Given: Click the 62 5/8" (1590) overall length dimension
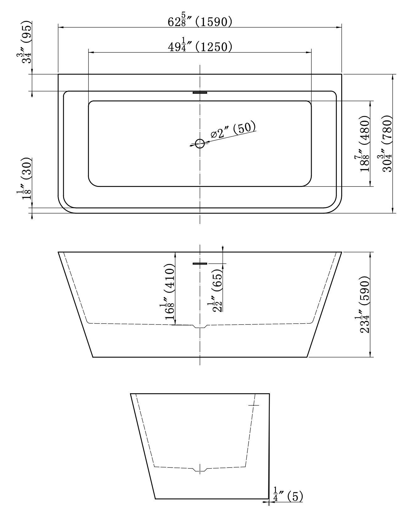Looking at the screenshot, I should coord(200,22).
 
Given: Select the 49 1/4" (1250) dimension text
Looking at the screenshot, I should coord(200,46).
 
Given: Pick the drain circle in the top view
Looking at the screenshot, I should coord(200,144).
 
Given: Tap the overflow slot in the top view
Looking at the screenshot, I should coord(200,92).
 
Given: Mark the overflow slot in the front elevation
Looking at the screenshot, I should coord(200,263).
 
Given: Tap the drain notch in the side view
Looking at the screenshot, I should coord(200,469).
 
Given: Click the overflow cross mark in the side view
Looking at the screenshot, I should coord(254,405).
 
